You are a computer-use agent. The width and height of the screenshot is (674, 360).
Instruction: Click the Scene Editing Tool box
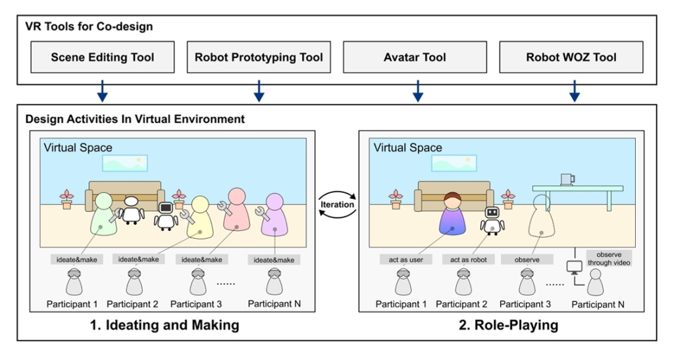click(102, 57)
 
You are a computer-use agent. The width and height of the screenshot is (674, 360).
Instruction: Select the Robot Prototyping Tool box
click(259, 57)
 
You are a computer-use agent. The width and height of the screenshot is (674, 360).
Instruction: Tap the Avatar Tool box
click(415, 57)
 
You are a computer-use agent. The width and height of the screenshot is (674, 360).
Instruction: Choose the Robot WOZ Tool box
click(571, 57)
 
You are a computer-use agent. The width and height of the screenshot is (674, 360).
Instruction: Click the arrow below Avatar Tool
click(418, 91)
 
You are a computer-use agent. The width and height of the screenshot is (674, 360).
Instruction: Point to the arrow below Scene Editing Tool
click(102, 91)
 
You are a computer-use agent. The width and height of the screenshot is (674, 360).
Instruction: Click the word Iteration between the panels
click(337, 205)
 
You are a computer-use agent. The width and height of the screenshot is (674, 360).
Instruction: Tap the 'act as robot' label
click(469, 259)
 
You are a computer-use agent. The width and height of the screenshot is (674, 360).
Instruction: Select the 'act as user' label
click(405, 259)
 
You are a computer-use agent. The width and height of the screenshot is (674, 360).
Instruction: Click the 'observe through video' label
click(609, 259)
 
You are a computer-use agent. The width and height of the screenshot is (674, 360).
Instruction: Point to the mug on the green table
click(567, 180)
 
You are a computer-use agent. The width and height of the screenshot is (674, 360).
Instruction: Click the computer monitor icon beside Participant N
click(574, 268)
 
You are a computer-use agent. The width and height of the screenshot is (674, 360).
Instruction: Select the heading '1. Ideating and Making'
click(165, 325)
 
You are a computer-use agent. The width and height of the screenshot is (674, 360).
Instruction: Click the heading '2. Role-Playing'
click(509, 325)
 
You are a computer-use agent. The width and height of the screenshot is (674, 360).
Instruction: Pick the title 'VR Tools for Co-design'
click(89, 26)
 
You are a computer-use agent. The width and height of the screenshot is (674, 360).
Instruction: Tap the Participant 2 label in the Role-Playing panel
click(461, 304)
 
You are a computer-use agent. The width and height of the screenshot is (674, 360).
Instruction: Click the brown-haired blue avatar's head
click(452, 200)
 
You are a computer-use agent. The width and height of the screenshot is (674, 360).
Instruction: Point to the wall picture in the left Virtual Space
click(124, 163)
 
